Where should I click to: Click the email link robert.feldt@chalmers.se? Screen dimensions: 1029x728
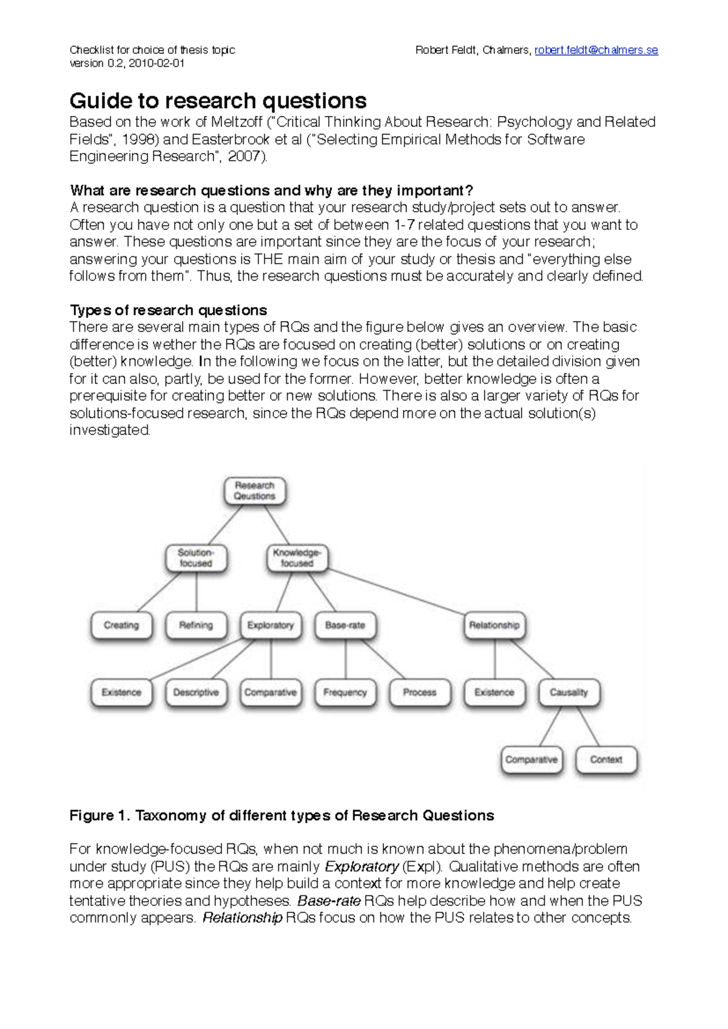(x=596, y=50)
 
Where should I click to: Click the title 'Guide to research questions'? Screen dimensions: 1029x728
(x=218, y=100)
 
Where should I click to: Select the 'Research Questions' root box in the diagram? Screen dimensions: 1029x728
(x=255, y=491)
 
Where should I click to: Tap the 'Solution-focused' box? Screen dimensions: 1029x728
(x=196, y=558)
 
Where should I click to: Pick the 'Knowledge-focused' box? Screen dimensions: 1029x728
(x=297, y=558)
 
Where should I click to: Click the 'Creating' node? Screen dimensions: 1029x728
(x=121, y=626)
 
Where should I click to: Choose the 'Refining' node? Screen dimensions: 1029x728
(x=196, y=626)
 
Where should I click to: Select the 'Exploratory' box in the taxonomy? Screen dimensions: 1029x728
(x=271, y=626)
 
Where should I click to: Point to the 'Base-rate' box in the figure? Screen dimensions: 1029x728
(x=345, y=626)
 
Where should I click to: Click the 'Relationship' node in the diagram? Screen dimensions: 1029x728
(x=494, y=626)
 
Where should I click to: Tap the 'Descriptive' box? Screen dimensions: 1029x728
(x=196, y=693)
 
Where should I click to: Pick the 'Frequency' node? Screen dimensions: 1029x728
(x=345, y=693)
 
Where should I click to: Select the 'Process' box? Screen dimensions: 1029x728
(x=420, y=693)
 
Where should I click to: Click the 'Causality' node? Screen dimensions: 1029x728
(x=569, y=693)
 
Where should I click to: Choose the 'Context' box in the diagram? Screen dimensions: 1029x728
(x=606, y=760)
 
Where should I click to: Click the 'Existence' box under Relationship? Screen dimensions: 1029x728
(x=494, y=693)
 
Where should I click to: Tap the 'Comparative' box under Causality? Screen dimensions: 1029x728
(x=531, y=760)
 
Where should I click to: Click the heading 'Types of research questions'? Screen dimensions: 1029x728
(x=168, y=310)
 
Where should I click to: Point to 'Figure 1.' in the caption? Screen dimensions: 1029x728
(x=100, y=815)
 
